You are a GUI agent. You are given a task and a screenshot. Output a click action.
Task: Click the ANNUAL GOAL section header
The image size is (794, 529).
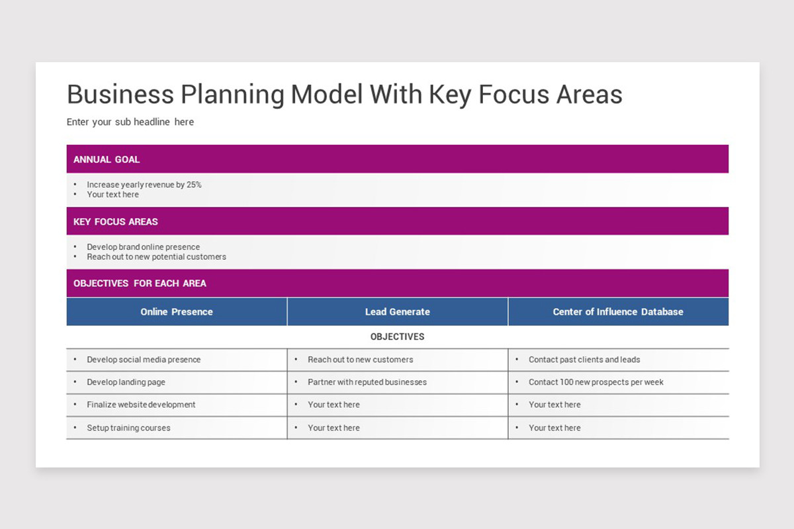107,159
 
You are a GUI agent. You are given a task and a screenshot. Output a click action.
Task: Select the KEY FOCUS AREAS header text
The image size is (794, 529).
116,222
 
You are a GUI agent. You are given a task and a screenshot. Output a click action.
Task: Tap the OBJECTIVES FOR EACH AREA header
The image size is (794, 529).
140,283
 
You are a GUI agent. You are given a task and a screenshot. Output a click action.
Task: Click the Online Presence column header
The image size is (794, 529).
177,311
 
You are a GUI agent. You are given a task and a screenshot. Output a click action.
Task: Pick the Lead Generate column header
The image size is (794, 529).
397,311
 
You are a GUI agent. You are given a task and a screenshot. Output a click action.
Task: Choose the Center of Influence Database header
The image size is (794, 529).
618,311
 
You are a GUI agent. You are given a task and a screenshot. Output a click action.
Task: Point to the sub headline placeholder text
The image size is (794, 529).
130,122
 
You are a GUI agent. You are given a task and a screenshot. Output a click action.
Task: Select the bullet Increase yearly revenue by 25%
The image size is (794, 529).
144,184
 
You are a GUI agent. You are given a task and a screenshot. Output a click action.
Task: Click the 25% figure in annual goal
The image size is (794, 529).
194,184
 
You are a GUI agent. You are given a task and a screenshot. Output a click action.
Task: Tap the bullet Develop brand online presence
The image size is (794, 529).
143,247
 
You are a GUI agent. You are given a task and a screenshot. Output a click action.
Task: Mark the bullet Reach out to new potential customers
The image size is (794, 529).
156,257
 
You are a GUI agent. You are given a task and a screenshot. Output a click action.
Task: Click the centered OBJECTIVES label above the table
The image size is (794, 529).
397,337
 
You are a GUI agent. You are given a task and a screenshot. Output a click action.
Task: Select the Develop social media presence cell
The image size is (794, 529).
144,360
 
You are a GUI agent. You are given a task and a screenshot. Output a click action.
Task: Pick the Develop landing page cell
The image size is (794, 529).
126,382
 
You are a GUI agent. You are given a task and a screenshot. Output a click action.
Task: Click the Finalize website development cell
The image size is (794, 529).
141,405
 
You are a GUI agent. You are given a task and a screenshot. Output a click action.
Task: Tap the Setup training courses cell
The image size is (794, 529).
128,428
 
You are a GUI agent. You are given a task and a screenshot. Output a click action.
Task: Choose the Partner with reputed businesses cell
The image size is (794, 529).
367,382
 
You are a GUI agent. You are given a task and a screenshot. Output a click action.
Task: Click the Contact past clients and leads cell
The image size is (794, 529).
584,360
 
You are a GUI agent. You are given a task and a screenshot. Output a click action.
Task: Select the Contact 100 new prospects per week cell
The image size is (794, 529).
595,382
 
